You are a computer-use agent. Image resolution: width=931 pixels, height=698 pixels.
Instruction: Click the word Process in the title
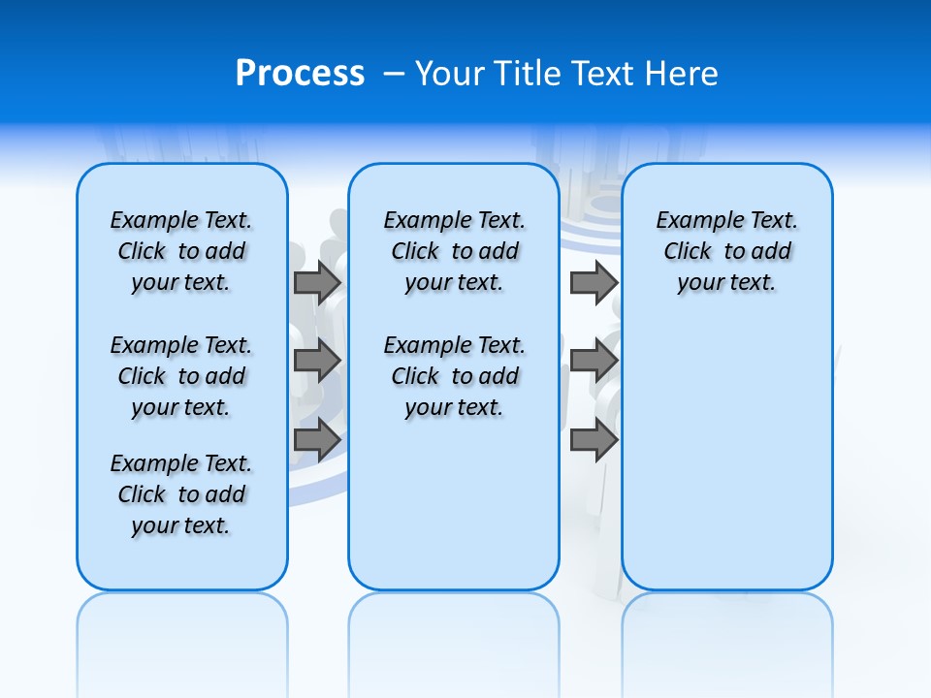click(300, 74)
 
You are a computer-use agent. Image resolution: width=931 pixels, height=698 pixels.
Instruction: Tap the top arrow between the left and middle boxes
click(317, 282)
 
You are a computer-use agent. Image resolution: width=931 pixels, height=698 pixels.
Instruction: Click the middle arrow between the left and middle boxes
click(317, 361)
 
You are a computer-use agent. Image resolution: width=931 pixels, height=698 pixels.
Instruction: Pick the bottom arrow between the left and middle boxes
click(317, 439)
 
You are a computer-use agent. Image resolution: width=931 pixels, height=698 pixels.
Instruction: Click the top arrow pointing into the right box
click(594, 282)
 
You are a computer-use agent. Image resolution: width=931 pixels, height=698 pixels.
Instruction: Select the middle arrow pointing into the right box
click(594, 361)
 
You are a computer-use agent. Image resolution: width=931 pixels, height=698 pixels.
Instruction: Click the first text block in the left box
click(181, 251)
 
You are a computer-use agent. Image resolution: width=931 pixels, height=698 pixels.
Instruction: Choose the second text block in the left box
click(181, 376)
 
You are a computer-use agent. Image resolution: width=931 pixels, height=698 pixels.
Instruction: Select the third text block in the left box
click(181, 494)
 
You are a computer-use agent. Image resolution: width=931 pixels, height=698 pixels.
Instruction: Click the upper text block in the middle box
click(454, 251)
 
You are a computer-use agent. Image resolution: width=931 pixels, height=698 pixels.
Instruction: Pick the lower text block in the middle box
click(454, 376)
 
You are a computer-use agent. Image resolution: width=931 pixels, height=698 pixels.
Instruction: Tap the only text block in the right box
click(726, 251)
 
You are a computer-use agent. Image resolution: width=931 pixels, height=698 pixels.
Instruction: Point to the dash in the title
click(394, 74)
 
